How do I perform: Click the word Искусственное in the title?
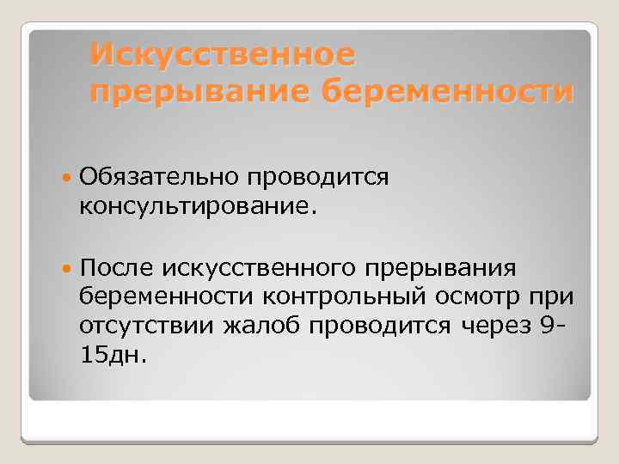point(222,54)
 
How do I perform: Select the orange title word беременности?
point(447,90)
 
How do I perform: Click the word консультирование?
point(198,205)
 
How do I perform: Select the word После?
point(115,269)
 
